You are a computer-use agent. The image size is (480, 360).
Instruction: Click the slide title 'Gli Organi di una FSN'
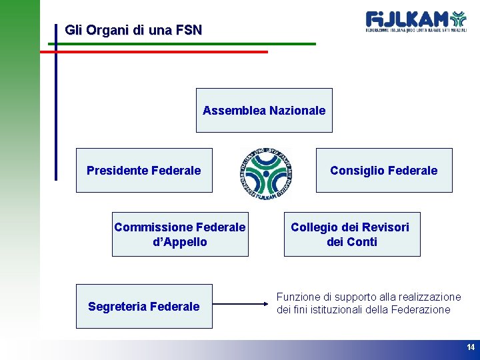[x=133, y=30]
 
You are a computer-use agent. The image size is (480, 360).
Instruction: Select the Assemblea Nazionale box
[x=264, y=111]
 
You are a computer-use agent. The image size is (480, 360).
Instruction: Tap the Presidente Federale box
[x=144, y=171]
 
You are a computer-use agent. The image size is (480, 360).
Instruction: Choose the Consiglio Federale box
[x=384, y=171]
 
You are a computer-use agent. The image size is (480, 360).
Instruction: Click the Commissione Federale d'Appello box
[x=180, y=235]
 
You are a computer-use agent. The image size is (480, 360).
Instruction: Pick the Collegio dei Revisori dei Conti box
[x=352, y=235]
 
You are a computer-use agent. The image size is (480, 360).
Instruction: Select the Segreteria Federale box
[x=144, y=307]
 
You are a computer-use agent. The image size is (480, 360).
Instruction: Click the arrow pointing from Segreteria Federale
[x=243, y=305]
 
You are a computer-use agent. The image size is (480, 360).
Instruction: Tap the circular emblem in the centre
[x=265, y=173]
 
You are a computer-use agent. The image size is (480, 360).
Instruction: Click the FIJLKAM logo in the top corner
[x=416, y=21]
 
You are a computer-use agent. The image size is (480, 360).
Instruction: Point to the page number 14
[x=471, y=347]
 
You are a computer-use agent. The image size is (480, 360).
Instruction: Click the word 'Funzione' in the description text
[x=297, y=297]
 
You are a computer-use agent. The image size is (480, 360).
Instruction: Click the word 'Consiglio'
[x=353, y=171]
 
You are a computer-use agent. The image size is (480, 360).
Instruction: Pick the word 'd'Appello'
[x=180, y=242]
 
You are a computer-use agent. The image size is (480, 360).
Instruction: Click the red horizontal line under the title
[x=153, y=51]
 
